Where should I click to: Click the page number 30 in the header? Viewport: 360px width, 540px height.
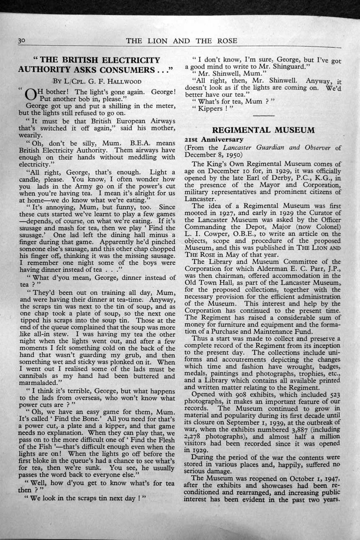click(x=22, y=41)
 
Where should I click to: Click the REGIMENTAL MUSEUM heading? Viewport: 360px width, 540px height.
click(x=263, y=130)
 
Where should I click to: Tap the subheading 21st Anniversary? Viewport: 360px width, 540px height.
click(x=213, y=139)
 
